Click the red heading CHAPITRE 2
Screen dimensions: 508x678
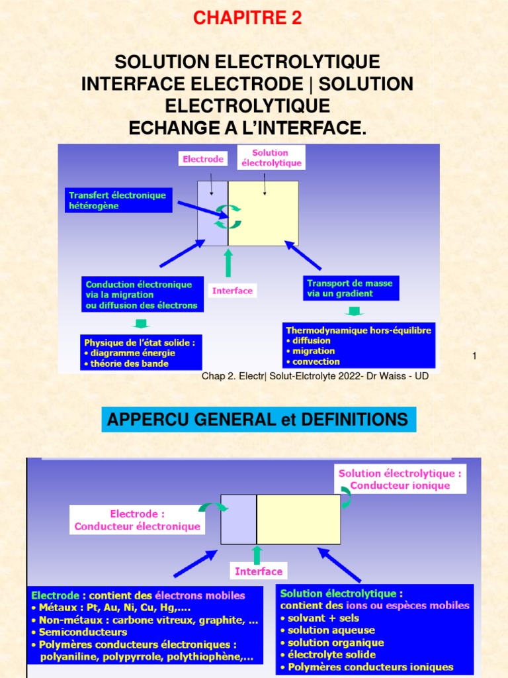(x=247, y=18)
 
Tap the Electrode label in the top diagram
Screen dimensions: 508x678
(x=203, y=159)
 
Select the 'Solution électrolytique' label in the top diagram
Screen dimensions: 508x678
(x=271, y=158)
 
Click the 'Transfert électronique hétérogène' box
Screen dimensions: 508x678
(x=118, y=200)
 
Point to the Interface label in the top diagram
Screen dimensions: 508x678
(x=232, y=291)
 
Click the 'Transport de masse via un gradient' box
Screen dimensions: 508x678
(x=351, y=288)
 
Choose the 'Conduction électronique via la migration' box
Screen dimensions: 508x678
(x=142, y=295)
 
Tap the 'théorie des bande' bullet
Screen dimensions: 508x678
(x=126, y=363)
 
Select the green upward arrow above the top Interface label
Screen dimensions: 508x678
(x=228, y=262)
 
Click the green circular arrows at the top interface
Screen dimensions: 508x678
(x=228, y=217)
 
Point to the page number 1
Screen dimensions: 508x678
(x=474, y=356)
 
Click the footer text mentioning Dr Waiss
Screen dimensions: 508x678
(x=315, y=376)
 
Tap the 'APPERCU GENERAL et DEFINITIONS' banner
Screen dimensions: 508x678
(x=259, y=419)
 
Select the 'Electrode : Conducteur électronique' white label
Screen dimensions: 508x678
(x=138, y=520)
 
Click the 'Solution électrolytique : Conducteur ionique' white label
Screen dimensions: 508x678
(x=400, y=479)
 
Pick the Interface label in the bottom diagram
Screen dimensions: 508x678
(x=259, y=571)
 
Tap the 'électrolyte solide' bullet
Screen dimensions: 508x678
(x=328, y=655)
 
